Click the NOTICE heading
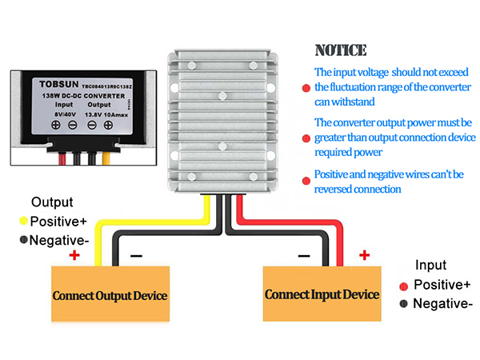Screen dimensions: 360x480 (341, 50)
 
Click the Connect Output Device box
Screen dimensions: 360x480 (110, 295)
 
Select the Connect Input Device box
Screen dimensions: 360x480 (322, 294)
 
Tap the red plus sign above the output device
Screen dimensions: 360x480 (74, 256)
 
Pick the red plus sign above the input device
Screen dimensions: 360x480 (364, 256)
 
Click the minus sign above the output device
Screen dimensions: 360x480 (136, 257)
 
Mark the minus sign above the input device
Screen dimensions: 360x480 (304, 257)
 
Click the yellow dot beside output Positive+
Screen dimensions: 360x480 (24, 221)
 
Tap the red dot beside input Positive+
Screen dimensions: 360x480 (404, 286)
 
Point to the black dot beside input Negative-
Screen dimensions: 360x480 (404, 304)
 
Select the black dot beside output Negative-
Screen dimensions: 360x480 (24, 239)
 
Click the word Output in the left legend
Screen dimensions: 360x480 (51, 202)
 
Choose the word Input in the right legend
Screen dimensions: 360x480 (430, 265)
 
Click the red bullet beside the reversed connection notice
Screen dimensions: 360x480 (306, 182)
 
